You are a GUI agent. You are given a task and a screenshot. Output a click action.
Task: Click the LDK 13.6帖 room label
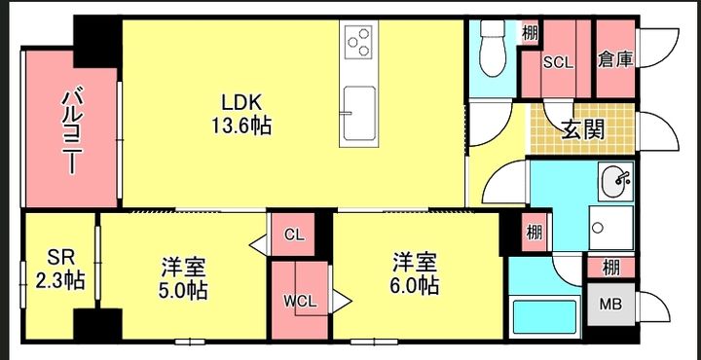click(x=241, y=115)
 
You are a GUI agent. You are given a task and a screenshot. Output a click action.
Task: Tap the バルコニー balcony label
click(x=71, y=131)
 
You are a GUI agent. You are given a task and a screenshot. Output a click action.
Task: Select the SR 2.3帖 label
click(x=60, y=270)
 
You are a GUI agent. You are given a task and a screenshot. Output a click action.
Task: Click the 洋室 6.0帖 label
click(x=415, y=273)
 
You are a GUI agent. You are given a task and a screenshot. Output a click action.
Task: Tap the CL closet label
click(x=294, y=234)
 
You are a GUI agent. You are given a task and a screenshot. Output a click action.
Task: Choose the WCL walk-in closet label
click(x=300, y=301)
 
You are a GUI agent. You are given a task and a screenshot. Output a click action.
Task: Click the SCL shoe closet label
click(x=558, y=62)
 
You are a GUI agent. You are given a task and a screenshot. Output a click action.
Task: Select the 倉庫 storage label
click(x=615, y=60)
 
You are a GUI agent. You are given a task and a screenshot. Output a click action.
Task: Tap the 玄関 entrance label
click(x=582, y=129)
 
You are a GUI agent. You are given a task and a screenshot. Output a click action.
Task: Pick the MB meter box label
click(x=610, y=305)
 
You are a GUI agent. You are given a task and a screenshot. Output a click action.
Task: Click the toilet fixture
click(x=493, y=49)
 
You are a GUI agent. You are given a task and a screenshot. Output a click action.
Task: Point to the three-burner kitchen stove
click(x=359, y=41)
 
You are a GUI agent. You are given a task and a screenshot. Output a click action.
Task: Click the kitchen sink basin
click(x=359, y=113)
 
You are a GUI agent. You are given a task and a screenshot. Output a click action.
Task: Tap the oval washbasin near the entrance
click(x=616, y=180)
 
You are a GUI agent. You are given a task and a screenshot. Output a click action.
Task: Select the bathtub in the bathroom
click(x=544, y=316)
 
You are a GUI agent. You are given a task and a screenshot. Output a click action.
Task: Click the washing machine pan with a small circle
click(x=610, y=228)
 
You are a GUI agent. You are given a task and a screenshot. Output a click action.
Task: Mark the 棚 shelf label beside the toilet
click(x=531, y=33)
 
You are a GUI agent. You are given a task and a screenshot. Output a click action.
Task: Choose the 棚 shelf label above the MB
click(x=610, y=268)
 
